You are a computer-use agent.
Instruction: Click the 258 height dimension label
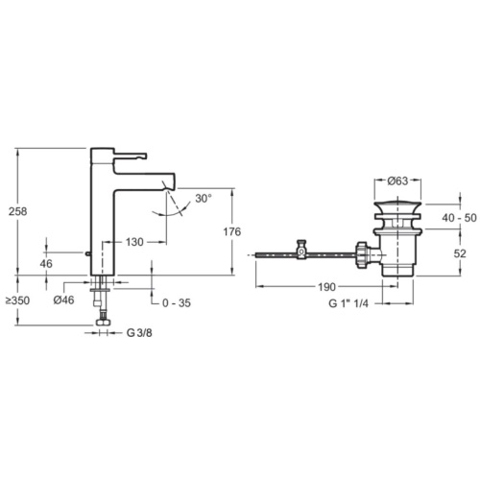[x=18, y=211]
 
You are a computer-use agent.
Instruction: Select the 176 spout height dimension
[x=231, y=231]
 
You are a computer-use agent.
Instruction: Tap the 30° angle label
[x=204, y=199]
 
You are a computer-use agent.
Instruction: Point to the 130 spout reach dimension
[x=134, y=242]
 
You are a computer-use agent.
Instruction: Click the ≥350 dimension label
[x=18, y=300]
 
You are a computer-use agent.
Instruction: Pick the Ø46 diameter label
[x=63, y=300]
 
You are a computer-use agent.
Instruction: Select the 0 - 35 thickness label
[x=177, y=302]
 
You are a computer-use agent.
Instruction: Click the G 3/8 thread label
[x=139, y=333]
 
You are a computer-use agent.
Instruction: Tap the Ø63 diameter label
[x=397, y=181]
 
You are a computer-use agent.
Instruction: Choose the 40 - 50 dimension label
[x=459, y=218]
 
